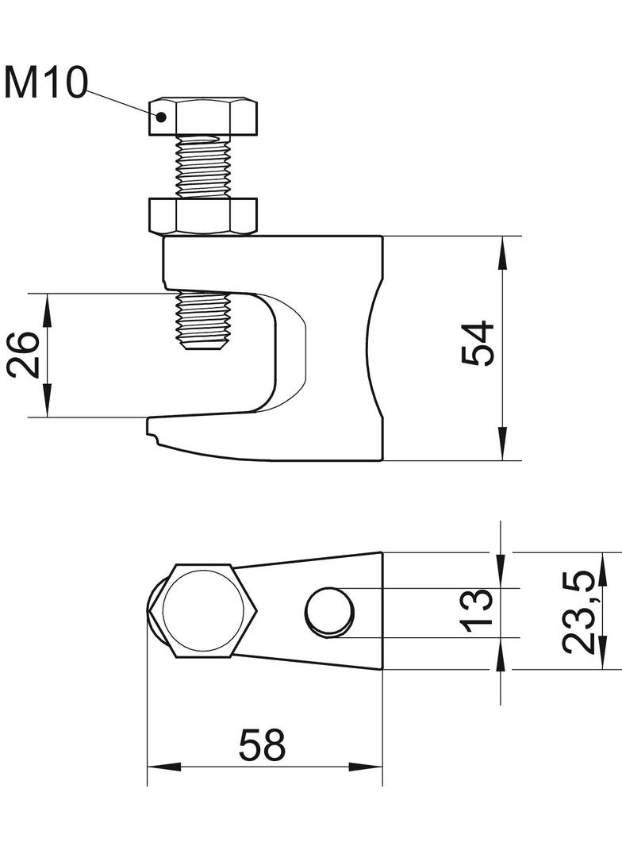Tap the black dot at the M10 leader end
click(x=161, y=115)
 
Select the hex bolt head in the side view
click(x=203, y=117)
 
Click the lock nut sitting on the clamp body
click(x=203, y=217)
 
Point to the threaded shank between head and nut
click(x=203, y=167)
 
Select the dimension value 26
click(x=24, y=355)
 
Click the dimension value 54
click(x=478, y=344)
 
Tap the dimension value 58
click(x=262, y=745)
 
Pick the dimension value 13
click(x=476, y=610)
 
